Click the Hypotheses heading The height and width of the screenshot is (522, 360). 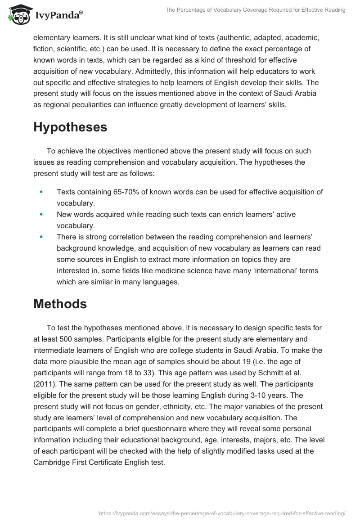coord(70,127)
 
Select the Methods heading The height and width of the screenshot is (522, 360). coord(60,304)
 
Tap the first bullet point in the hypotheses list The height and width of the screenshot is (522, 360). coord(41,192)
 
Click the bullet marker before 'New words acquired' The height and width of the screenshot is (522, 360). coord(41,215)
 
